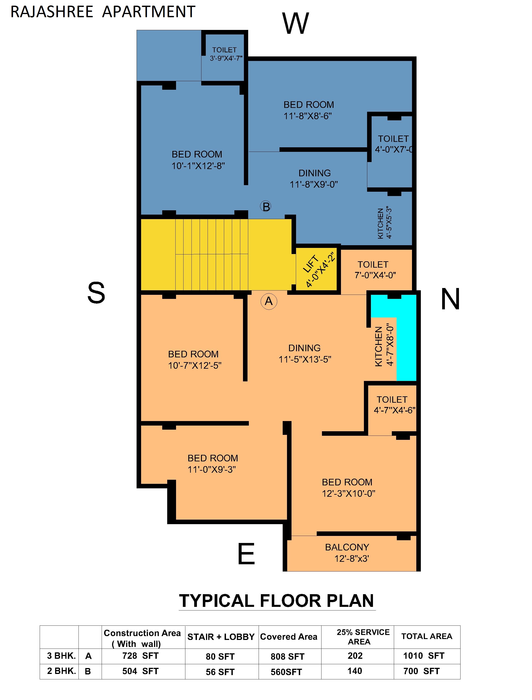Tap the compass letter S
pyautogui.click(x=96, y=293)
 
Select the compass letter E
pyautogui.click(x=246, y=554)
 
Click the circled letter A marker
pyautogui.click(x=269, y=301)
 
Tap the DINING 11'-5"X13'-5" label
pyautogui.click(x=304, y=354)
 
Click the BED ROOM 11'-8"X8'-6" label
pyautogui.click(x=308, y=110)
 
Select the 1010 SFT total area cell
pyautogui.click(x=423, y=656)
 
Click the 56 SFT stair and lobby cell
pyautogui.click(x=220, y=672)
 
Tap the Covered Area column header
pyautogui.click(x=289, y=637)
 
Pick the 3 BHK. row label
pyautogui.click(x=61, y=656)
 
